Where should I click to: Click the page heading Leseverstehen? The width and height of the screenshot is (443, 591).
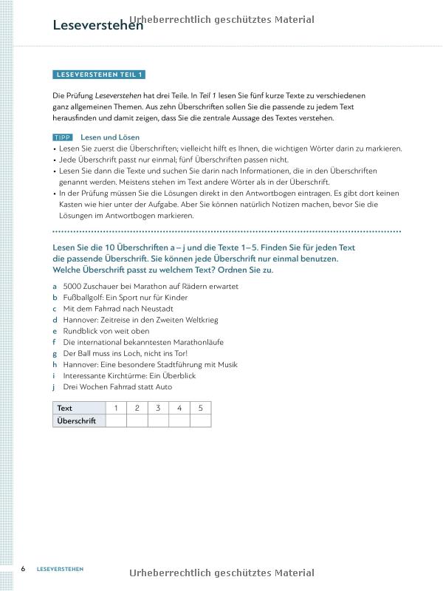[97, 25]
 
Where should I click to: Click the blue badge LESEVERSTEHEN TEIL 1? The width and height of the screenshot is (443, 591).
[100, 75]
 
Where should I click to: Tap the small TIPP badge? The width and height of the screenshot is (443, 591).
[63, 137]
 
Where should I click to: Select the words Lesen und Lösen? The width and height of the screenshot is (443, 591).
[109, 137]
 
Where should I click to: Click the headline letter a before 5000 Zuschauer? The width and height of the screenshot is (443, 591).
[55, 286]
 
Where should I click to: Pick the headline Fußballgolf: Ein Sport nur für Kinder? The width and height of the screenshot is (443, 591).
[125, 297]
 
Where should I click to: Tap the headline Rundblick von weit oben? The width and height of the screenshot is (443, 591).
[106, 331]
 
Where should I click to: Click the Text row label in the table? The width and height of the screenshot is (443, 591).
[65, 408]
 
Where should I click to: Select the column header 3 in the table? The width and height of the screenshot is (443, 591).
[157, 408]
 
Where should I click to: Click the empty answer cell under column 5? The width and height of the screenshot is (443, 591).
[200, 420]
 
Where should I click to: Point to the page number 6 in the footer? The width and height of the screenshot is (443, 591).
[23, 569]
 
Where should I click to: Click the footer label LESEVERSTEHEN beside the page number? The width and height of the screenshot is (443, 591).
[60, 569]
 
